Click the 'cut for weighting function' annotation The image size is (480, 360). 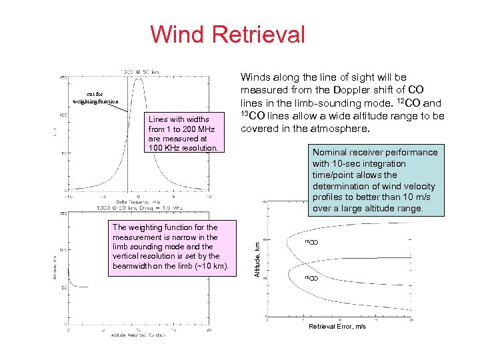(95, 97)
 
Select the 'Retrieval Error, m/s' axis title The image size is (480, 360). (337, 327)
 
